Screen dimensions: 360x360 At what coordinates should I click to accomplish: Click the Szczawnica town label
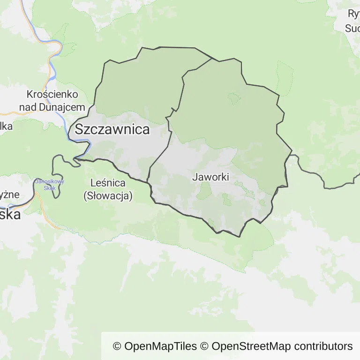coord(112,129)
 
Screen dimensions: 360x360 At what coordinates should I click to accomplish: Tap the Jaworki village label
coord(210,177)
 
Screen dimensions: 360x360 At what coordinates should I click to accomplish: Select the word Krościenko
coord(52,95)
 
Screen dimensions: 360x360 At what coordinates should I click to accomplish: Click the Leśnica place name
coord(108,183)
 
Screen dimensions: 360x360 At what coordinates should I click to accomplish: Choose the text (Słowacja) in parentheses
coord(108,196)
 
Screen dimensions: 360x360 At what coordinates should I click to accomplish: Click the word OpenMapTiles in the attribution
coord(161,346)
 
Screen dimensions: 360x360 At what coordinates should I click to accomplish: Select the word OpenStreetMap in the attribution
coord(250,346)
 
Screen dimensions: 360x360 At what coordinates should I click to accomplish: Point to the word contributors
coord(323,346)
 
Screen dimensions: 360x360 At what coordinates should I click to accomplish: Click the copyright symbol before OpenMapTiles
coord(117,346)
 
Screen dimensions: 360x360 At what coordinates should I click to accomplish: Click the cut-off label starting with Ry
coord(353,14)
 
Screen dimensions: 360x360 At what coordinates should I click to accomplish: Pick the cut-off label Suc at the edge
coord(352,28)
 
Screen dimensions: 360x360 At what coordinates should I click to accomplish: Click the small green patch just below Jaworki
coord(204,190)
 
